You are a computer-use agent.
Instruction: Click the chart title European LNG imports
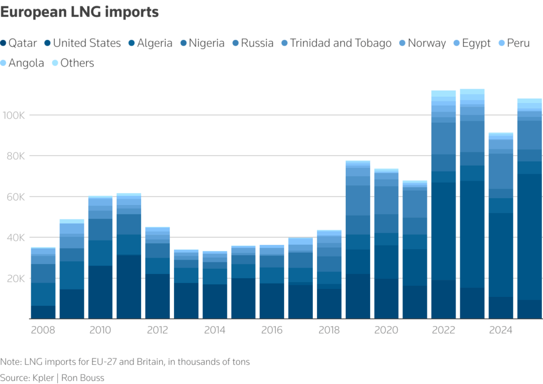[80, 12]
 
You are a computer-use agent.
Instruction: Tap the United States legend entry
[82, 43]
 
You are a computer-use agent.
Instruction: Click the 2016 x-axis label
[272, 330]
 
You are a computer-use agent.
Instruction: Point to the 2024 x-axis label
[501, 330]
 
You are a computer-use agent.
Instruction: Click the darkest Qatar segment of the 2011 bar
[129, 287]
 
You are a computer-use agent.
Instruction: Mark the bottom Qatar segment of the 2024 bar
[501, 308]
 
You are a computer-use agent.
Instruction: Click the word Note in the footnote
[11, 362]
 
